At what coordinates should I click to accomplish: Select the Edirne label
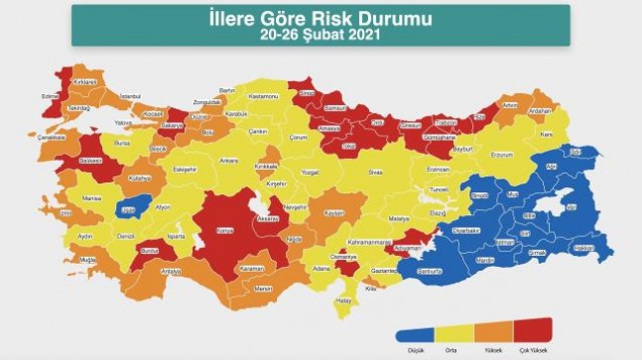coord(45,95)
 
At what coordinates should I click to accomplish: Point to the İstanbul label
coord(130,95)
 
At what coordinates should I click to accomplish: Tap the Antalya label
coord(171,270)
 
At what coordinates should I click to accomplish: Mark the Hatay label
coord(343,300)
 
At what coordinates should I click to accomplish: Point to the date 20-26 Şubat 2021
coord(320,36)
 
